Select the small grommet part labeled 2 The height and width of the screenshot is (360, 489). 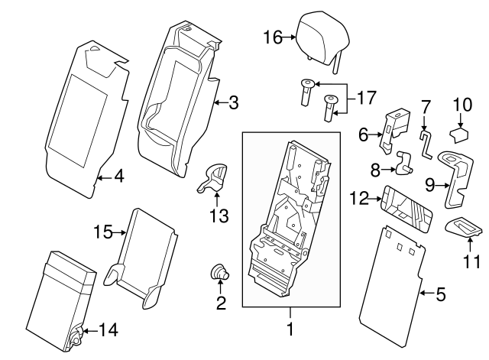pyautogui.click(x=220, y=271)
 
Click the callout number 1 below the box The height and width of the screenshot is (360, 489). pyautogui.click(x=290, y=331)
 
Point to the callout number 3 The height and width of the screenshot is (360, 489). pyautogui.click(x=234, y=101)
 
